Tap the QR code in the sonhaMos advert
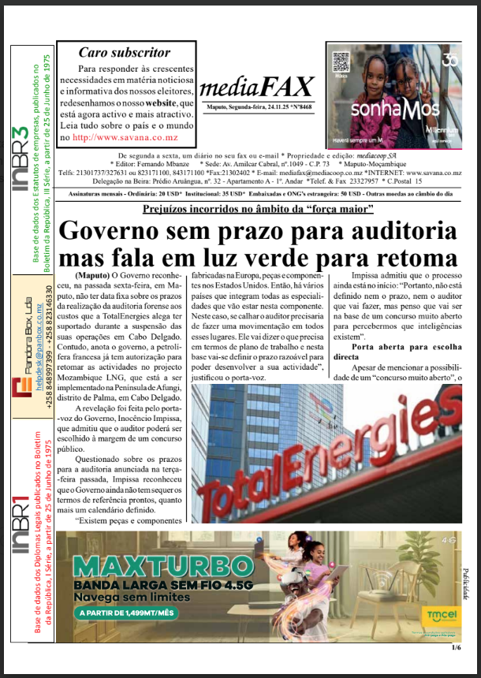click(341, 62)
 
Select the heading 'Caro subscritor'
click(124, 53)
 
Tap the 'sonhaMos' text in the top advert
click(393, 109)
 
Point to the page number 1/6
click(456, 648)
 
